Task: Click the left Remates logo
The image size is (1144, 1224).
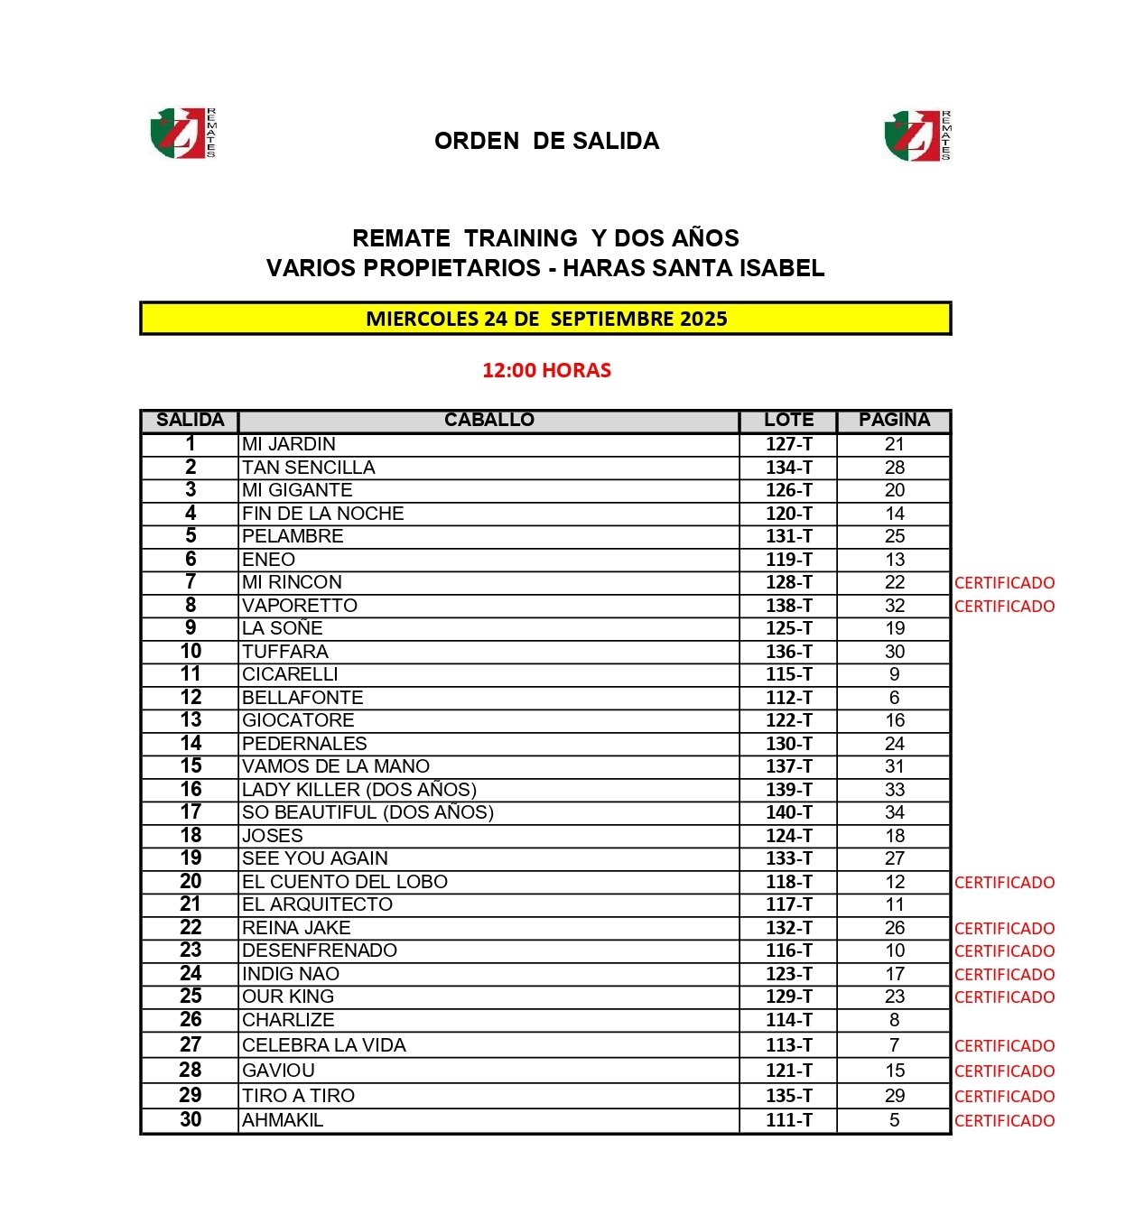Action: pyautogui.click(x=182, y=134)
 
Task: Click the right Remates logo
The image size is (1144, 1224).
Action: pyautogui.click(x=916, y=135)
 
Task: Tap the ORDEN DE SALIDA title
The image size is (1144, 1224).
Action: pyautogui.click(x=546, y=141)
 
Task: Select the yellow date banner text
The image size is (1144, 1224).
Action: pyautogui.click(x=546, y=319)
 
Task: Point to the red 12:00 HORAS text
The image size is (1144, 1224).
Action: pyautogui.click(x=546, y=370)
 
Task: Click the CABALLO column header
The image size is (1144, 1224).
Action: pyautogui.click(x=488, y=420)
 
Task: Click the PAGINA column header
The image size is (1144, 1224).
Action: pyautogui.click(x=894, y=420)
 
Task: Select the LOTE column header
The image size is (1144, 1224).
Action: pyautogui.click(x=788, y=420)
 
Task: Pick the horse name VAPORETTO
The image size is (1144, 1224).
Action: pyautogui.click(x=300, y=606)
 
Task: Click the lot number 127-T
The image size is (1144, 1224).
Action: pyautogui.click(x=788, y=444)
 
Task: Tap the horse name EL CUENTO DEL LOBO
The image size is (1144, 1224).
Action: pyautogui.click(x=345, y=882)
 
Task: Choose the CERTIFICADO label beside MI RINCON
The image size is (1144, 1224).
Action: pyautogui.click(x=1004, y=583)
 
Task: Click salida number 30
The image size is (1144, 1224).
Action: pyautogui.click(x=191, y=1120)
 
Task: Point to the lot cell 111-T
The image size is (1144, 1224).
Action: pyautogui.click(x=788, y=1120)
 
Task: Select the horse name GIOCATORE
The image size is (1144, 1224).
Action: pyautogui.click(x=298, y=720)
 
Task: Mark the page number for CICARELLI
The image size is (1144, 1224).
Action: pyautogui.click(x=894, y=674)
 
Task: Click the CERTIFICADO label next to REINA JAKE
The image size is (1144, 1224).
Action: pyautogui.click(x=1004, y=928)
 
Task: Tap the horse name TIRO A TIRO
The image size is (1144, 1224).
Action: pyautogui.click(x=298, y=1096)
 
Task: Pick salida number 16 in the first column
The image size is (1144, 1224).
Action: pyautogui.click(x=191, y=790)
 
